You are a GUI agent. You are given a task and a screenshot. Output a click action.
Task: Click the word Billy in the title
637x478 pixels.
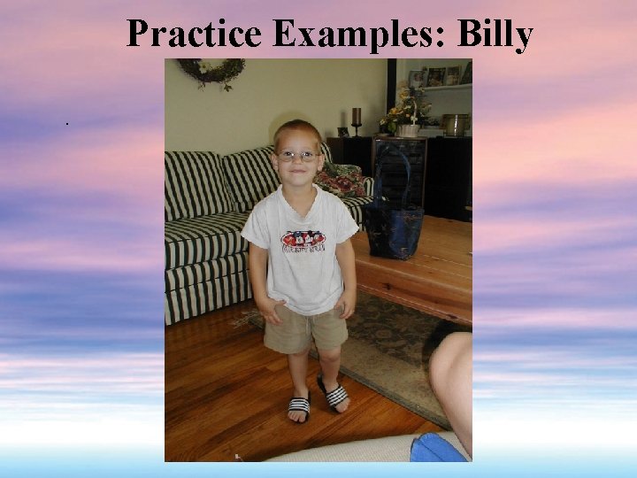click(x=495, y=35)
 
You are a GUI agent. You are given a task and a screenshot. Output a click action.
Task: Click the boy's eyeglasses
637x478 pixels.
click(x=298, y=156)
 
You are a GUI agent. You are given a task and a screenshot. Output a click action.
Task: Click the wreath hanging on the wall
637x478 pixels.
click(x=210, y=72)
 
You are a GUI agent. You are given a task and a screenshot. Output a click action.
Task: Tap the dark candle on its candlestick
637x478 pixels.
click(x=357, y=117)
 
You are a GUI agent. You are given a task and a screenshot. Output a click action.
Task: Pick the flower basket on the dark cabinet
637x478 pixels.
click(x=407, y=115)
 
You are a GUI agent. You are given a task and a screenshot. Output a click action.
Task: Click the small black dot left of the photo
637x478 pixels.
click(x=66, y=123)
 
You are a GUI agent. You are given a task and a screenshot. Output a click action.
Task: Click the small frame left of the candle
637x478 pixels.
click(x=342, y=131)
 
